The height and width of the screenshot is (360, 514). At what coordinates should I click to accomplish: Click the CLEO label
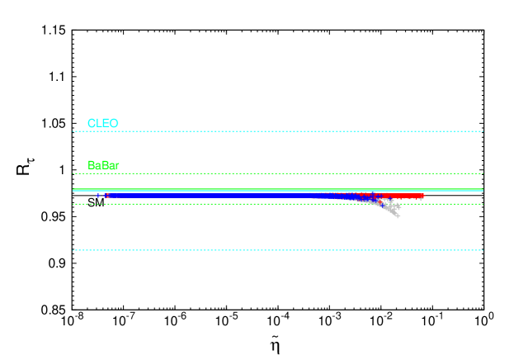coord(103,124)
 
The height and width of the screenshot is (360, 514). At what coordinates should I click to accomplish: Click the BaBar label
coord(104,165)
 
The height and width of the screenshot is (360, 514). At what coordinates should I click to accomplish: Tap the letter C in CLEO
coord(92,124)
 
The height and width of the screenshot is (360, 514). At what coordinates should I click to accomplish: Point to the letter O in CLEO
coord(114,124)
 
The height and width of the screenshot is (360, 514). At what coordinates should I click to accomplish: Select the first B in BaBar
coord(92,165)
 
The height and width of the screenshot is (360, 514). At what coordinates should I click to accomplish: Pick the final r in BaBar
coord(117,166)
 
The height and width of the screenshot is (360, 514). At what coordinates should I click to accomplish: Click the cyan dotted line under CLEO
coord(277,131)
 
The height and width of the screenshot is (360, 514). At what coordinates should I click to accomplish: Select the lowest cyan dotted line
coord(277,250)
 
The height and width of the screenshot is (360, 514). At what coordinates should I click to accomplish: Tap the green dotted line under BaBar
coord(277,173)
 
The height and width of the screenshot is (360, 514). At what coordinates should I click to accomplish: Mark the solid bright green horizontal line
coord(277,190)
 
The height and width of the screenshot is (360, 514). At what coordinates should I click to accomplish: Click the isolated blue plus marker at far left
coord(97,196)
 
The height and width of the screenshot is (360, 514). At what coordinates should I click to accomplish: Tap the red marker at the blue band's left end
coord(106,196)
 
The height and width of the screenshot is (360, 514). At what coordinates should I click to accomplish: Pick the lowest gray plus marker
coord(398,216)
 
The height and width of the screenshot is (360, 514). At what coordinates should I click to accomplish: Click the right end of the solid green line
coord(482,190)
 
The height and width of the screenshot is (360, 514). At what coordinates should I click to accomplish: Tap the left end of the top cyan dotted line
coord(74,131)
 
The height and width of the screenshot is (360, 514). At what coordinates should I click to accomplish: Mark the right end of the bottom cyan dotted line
coord(482,250)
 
